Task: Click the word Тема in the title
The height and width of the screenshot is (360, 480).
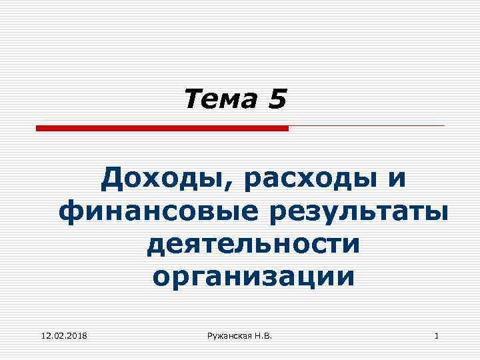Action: coord(223,100)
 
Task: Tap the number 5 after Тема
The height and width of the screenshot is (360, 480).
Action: coord(277,100)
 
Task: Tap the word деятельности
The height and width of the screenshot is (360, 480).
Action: coord(253,244)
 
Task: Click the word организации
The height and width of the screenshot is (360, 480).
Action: coord(253,276)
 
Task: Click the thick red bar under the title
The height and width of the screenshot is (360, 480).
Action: coord(162,127)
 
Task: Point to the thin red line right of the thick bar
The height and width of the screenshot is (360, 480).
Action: coord(367,125)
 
